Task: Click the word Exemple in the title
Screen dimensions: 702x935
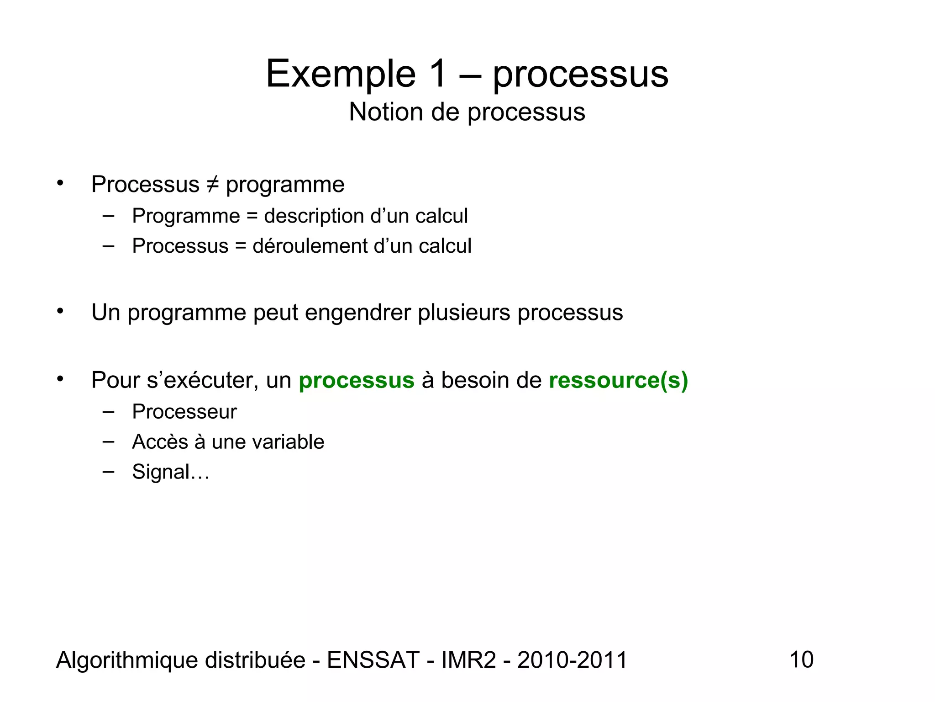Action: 341,74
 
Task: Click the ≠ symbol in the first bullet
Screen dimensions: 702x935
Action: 212,185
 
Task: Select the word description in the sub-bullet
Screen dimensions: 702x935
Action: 314,216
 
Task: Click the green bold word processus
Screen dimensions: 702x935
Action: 356,381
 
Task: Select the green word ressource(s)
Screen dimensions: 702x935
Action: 618,380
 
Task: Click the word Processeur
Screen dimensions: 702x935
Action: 184,412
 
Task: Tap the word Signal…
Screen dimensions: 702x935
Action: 170,472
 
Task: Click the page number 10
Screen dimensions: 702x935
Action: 801,659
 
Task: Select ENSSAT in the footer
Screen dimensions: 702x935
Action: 373,660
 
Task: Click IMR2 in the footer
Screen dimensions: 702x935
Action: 468,660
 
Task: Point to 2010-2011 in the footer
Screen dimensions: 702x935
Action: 572,660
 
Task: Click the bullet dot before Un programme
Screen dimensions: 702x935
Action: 60,312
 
